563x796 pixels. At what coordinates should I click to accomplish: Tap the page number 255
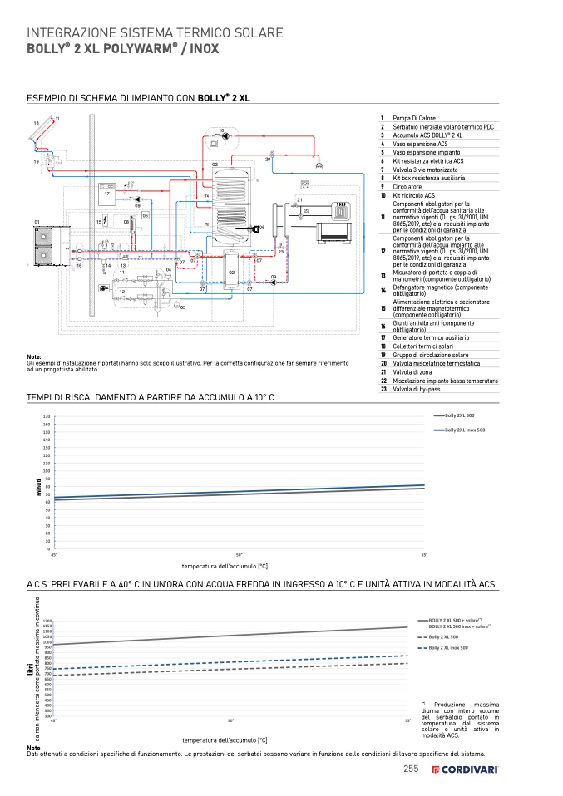tap(410, 769)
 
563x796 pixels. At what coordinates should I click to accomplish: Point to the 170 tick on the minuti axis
tap(47, 416)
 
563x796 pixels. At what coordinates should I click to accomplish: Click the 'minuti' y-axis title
tap(38, 487)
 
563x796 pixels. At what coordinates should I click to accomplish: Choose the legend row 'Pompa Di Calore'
tap(414, 119)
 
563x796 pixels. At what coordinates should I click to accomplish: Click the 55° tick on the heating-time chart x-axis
tap(424, 554)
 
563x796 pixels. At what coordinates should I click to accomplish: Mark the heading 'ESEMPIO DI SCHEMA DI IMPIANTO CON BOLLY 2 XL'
tap(139, 97)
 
